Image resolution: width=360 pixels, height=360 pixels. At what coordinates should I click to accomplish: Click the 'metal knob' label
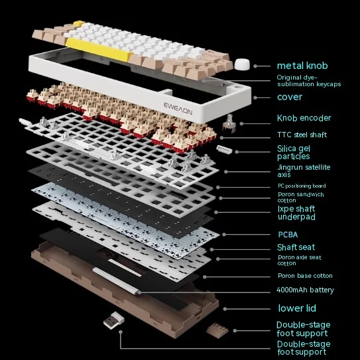pos(302,66)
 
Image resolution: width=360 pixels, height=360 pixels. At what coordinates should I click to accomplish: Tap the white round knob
pos(242,64)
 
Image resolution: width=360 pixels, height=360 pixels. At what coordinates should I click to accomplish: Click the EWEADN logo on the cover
pos(178,109)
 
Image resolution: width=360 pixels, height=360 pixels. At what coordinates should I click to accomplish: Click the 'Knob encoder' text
pos(304,118)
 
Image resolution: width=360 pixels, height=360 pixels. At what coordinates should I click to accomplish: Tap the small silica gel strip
pos(224,149)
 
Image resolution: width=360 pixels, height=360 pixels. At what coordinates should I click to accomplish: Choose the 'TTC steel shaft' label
pos(302,135)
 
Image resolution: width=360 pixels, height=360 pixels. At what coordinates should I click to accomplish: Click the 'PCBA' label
pos(288,235)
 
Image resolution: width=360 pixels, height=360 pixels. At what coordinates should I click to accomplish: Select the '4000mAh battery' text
pos(305,290)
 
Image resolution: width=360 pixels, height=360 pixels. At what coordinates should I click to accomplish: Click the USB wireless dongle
pos(113,320)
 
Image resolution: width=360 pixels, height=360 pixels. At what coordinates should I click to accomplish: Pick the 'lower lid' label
pos(297,308)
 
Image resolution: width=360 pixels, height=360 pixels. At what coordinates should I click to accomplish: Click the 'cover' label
pos(290,97)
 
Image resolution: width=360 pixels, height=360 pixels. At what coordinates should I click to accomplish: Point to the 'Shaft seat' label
pos(296,247)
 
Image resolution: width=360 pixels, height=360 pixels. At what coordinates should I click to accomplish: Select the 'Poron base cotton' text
pos(305,276)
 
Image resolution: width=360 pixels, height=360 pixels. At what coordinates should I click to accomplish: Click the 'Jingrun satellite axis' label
pos(304,171)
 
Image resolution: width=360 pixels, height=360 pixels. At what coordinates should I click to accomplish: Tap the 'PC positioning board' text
pos(302,186)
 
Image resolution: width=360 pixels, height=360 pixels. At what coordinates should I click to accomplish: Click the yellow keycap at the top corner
pos(79,23)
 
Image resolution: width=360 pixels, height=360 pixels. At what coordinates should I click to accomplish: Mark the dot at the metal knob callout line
pos(255,66)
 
